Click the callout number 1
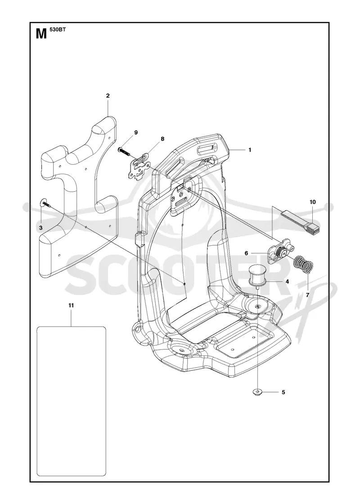250,150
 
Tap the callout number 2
108,95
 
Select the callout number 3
41,228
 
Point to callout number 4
287,282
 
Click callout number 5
283,392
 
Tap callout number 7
307,294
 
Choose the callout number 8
162,139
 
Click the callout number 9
136,132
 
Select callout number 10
312,202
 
